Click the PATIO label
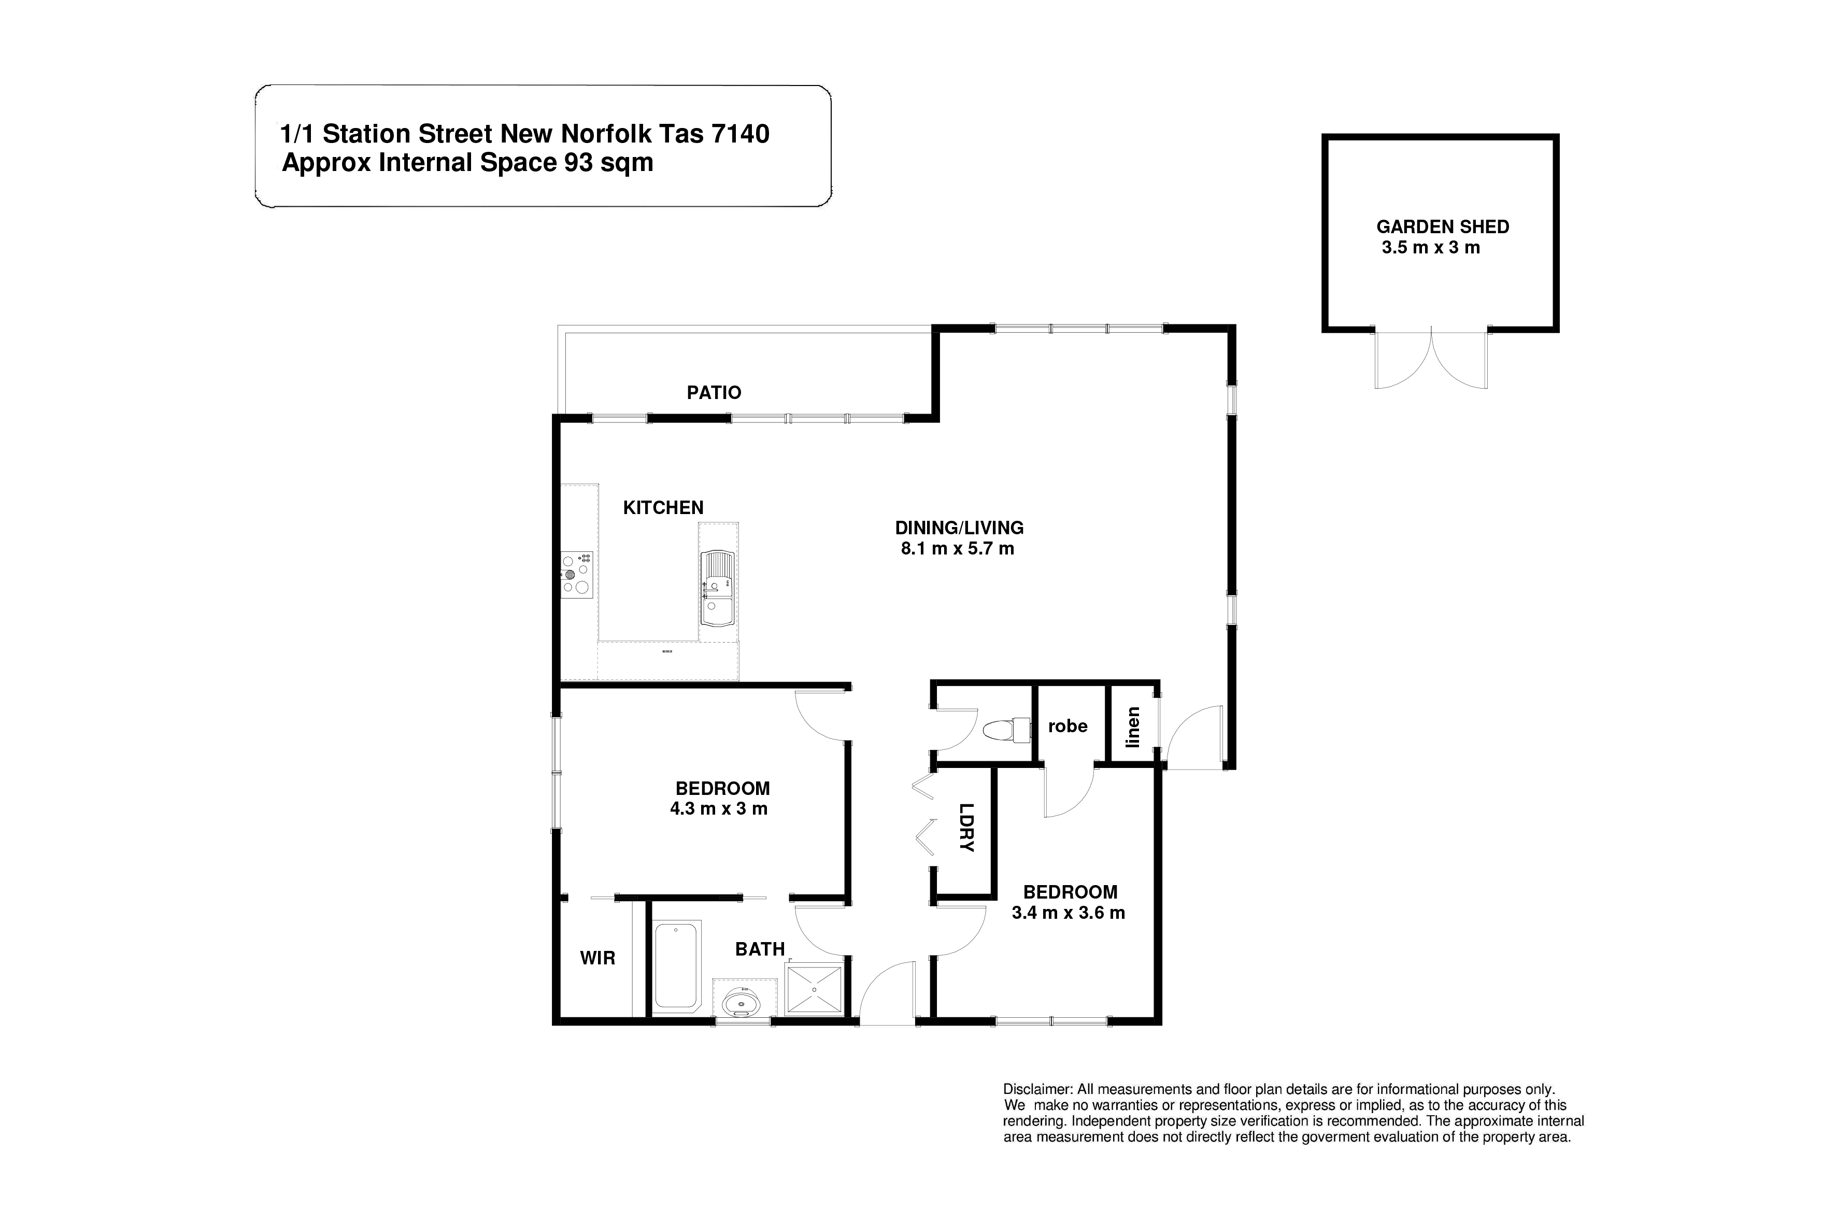coord(714,393)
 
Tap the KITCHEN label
coord(663,507)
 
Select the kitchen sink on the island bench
coord(717,589)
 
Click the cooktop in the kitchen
coord(576,575)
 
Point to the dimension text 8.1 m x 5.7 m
coord(957,549)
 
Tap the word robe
coord(1067,726)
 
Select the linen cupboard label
coord(1133,727)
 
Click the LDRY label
coord(966,828)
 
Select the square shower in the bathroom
coord(814,990)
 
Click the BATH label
coord(760,949)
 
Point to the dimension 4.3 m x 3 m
coord(718,809)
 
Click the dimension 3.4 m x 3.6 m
coord(1068,913)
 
